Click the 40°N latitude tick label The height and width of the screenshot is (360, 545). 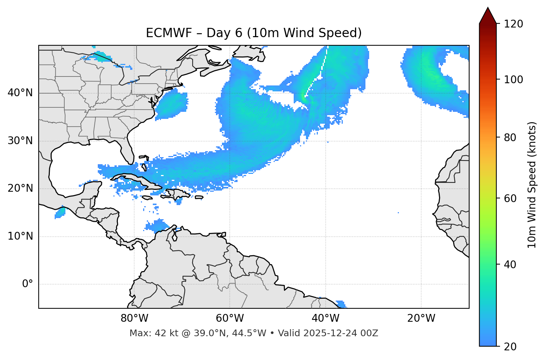20,93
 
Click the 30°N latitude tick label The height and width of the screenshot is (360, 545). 20,141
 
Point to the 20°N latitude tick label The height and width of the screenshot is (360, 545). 20,188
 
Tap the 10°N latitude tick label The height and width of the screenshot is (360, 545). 20,236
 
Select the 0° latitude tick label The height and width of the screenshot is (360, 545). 28,284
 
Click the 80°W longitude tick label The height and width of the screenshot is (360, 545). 134,318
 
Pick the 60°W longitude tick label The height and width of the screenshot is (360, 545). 230,318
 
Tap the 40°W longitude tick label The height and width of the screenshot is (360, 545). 326,318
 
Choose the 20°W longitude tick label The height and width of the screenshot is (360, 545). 421,318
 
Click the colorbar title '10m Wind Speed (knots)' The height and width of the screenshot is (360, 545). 532,185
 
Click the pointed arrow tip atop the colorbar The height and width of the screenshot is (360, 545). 488,9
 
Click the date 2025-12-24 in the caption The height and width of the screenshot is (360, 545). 328,333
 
